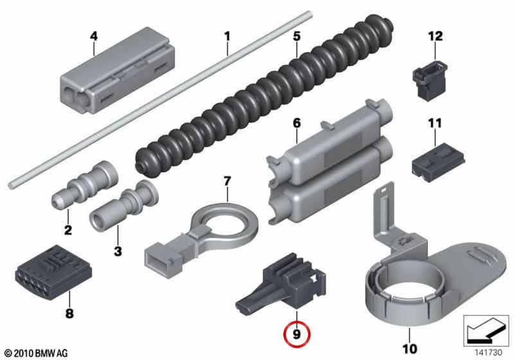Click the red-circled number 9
[x=296, y=334]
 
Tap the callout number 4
[x=94, y=36]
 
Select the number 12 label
[x=436, y=36]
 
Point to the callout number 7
[x=227, y=181]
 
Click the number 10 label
[x=409, y=348]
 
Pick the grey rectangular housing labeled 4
[x=118, y=71]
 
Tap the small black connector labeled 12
[x=429, y=80]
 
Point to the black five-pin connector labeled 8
[x=53, y=268]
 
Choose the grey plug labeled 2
[x=85, y=185]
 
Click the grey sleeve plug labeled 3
[x=124, y=206]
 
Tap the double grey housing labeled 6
[x=330, y=162]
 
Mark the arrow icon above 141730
[x=486, y=331]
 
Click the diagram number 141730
[x=488, y=352]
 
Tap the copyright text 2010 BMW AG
[x=37, y=353]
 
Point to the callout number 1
[x=227, y=36]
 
